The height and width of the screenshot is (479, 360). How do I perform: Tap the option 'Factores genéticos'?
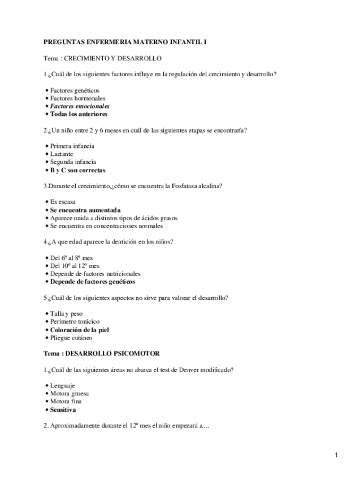click(x=75, y=90)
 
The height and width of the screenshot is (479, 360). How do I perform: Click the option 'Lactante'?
click(x=63, y=154)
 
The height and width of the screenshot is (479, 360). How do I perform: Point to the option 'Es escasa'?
click(x=62, y=202)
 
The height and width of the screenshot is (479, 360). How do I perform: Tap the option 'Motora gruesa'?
click(x=69, y=394)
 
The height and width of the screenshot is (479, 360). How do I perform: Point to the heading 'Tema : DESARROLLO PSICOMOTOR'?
click(x=102, y=354)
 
